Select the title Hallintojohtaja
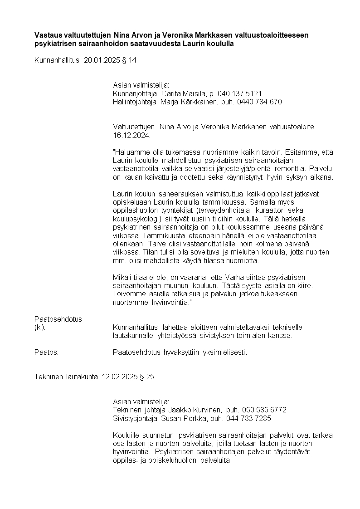coord(135,102)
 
